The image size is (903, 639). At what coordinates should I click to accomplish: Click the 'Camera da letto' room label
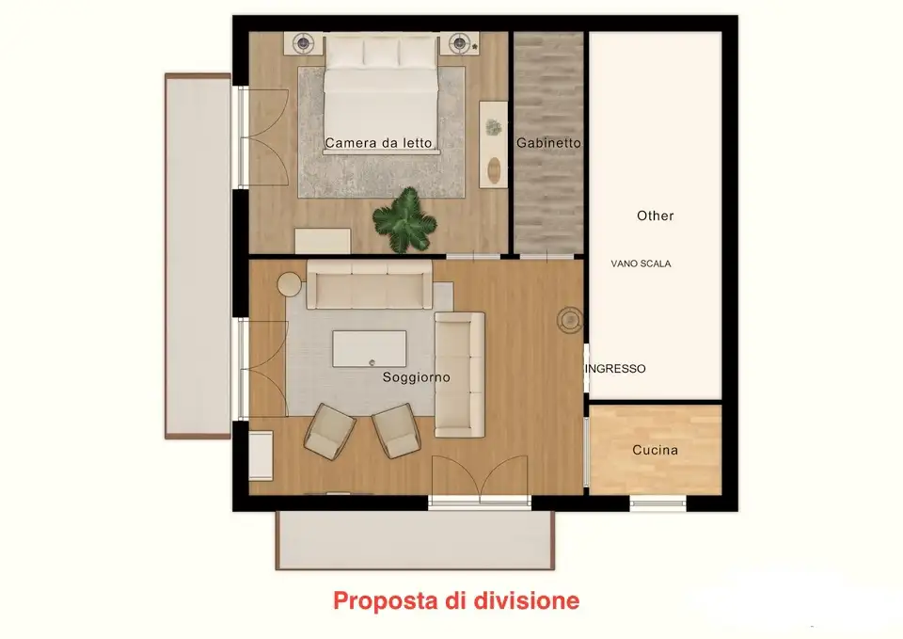tap(378, 144)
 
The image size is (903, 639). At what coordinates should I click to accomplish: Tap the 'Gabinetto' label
tap(548, 143)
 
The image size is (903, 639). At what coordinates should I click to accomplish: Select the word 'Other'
tap(655, 216)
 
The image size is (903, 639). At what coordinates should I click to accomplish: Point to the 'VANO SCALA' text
tap(641, 264)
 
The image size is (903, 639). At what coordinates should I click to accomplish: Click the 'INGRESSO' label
tap(616, 369)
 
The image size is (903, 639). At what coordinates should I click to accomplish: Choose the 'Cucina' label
tap(655, 450)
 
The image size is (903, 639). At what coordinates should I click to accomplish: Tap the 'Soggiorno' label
tap(416, 377)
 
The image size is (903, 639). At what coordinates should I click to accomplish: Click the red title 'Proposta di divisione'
tap(456, 599)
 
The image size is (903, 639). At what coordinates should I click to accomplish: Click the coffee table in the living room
tap(370, 347)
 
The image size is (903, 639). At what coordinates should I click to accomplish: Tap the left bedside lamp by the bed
tap(304, 42)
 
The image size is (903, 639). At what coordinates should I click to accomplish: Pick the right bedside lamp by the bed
tap(459, 42)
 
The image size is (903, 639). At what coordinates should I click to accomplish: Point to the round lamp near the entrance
tap(569, 320)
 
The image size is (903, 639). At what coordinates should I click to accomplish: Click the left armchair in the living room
tap(330, 430)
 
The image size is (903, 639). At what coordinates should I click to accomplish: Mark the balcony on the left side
tap(198, 255)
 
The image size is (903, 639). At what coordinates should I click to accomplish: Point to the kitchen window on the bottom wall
tap(658, 503)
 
